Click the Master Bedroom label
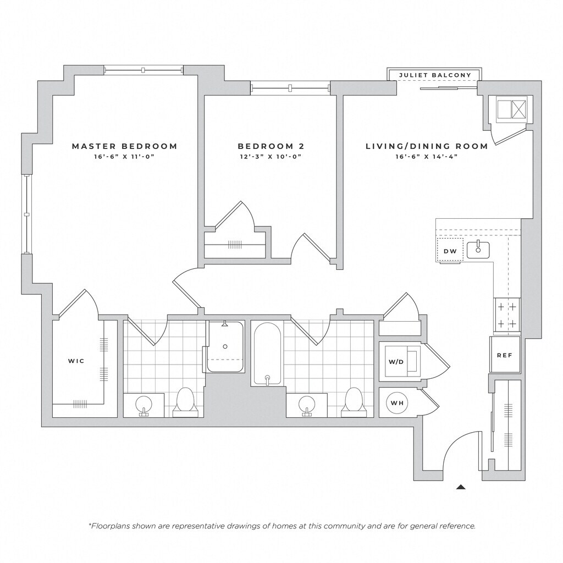tap(125, 146)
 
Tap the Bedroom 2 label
tap(271, 146)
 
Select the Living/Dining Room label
tap(427, 146)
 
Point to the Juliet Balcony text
tap(435, 75)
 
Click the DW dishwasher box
tap(450, 251)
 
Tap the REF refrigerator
tap(505, 355)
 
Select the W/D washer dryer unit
tap(400, 361)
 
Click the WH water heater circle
tap(397, 403)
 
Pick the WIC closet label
tap(76, 361)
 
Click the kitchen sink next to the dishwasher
tap(478, 250)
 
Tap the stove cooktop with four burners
tap(507, 316)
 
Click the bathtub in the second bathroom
tap(267, 354)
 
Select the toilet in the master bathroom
tap(185, 402)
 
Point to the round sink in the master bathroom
tap(143, 405)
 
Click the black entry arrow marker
tap(461, 487)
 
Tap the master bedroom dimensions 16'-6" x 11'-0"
tap(124, 157)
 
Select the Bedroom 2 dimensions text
tap(271, 157)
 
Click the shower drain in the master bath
tap(225, 346)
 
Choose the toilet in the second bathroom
tap(354, 402)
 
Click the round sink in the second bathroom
tap(307, 405)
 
